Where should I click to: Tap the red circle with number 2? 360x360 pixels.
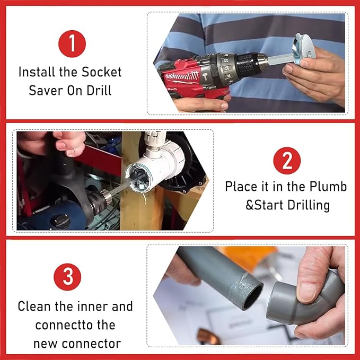(x=287, y=161)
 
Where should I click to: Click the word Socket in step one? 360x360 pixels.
(x=101, y=72)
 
